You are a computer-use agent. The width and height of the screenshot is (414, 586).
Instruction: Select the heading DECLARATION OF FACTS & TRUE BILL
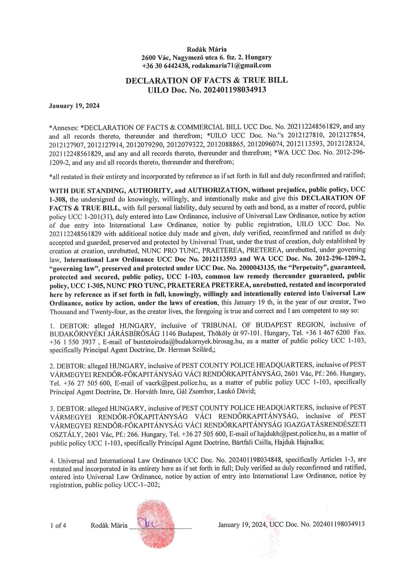pyautogui.click(x=207, y=80)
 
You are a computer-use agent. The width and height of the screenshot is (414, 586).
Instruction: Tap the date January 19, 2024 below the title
pyautogui.click(x=74, y=106)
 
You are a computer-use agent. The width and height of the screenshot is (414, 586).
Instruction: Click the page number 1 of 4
pyautogui.click(x=58, y=525)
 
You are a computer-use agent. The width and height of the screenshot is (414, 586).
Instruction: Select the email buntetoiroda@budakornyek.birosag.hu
pyautogui.click(x=189, y=342)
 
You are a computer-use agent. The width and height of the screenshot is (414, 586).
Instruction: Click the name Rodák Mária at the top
pyautogui.click(x=207, y=49)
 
